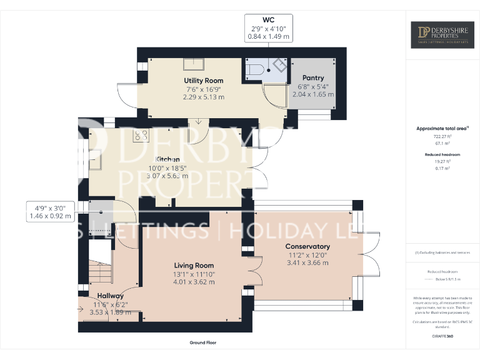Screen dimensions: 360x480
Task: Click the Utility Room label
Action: pos(203,81)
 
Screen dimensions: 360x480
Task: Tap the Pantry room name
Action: pos(312,78)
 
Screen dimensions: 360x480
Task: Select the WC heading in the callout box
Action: pos(268,20)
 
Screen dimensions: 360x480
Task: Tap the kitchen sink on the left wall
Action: pos(97,161)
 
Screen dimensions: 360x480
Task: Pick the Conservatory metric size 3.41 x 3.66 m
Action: pos(307,262)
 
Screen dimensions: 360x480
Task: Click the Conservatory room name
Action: pos(307,246)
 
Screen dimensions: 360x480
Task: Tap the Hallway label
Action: pos(110,296)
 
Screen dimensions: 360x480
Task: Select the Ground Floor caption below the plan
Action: pos(203,342)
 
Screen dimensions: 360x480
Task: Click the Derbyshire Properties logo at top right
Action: pos(442,36)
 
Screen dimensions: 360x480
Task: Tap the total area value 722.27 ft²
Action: pos(442,136)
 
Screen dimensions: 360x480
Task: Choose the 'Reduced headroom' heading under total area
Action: pos(442,154)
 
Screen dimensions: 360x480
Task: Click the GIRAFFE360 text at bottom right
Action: pos(442,336)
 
